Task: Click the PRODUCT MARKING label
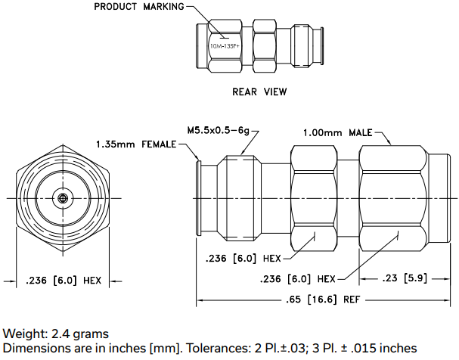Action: pyautogui.click(x=139, y=7)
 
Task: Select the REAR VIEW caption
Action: pyautogui.click(x=259, y=92)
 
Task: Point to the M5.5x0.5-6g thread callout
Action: pyautogui.click(x=219, y=130)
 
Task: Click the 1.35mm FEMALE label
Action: pyautogui.click(x=136, y=144)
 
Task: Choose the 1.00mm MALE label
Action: pyautogui.click(x=337, y=133)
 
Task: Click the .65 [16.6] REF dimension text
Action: pyautogui.click(x=323, y=299)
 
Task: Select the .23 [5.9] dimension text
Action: pyautogui.click(x=405, y=278)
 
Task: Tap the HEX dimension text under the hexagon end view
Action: pyautogui.click(x=64, y=281)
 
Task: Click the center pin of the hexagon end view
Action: pyautogui.click(x=62, y=198)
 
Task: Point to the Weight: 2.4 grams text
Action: pyautogui.click(x=56, y=334)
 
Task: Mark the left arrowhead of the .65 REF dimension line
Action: pyautogui.click(x=200, y=300)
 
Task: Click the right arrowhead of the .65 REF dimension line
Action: pyautogui.click(x=447, y=300)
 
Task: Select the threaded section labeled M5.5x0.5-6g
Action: pyautogui.click(x=240, y=198)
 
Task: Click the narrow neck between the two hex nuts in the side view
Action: pyautogui.click(x=349, y=198)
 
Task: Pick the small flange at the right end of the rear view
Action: pyautogui.click(x=322, y=46)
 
